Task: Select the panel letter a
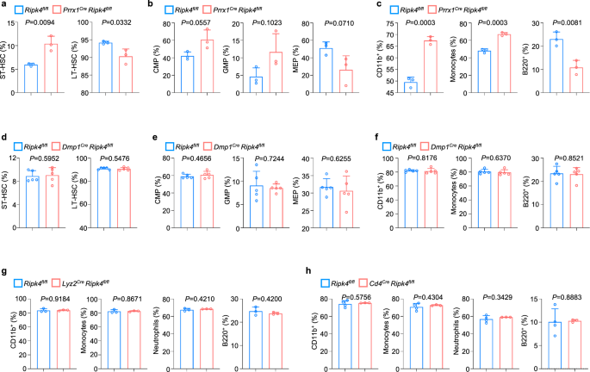[4, 6]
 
